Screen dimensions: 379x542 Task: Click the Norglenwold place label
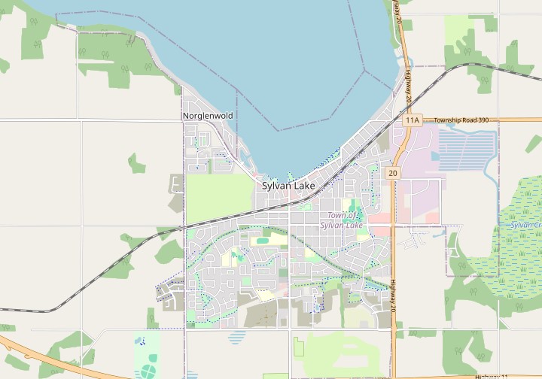[x=208, y=116]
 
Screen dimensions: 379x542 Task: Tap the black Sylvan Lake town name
[x=288, y=185]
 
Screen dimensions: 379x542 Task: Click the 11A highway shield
[x=411, y=120]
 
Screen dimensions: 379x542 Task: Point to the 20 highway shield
[x=393, y=173]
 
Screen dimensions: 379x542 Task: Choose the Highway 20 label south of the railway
[x=392, y=295]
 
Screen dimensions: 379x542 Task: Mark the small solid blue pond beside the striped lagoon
[x=434, y=156]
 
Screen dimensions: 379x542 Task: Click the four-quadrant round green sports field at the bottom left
[x=148, y=371]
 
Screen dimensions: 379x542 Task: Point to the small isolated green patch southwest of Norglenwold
[x=135, y=163]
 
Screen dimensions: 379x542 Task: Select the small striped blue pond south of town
[x=237, y=337]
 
